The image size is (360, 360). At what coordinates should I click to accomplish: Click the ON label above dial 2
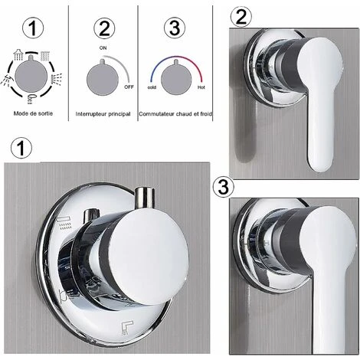tap(103, 48)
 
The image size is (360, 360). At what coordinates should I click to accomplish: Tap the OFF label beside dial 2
tap(129, 87)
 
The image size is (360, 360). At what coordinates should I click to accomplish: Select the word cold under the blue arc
tap(152, 87)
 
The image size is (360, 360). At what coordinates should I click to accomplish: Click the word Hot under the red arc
tap(201, 87)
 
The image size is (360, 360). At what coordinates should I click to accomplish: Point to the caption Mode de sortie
tap(33, 113)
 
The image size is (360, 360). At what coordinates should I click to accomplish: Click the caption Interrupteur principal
tap(103, 114)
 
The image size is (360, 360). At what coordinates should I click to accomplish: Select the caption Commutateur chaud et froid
tap(175, 114)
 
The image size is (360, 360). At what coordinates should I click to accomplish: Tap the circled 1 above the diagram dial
tap(33, 28)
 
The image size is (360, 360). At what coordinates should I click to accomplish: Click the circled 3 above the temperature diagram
tap(175, 28)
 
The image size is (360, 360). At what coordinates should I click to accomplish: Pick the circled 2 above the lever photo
tap(241, 16)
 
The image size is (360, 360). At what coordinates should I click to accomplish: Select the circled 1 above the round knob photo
tap(21, 148)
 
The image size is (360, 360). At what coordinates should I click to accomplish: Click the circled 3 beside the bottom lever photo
tap(223, 187)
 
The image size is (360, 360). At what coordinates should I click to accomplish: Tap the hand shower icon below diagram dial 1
tap(31, 99)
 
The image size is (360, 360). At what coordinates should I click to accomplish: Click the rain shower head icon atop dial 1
tap(18, 54)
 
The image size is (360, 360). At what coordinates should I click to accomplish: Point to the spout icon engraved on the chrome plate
tap(127, 328)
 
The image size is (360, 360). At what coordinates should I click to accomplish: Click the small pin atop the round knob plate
tap(145, 197)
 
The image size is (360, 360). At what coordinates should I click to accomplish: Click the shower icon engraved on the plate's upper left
tap(64, 223)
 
